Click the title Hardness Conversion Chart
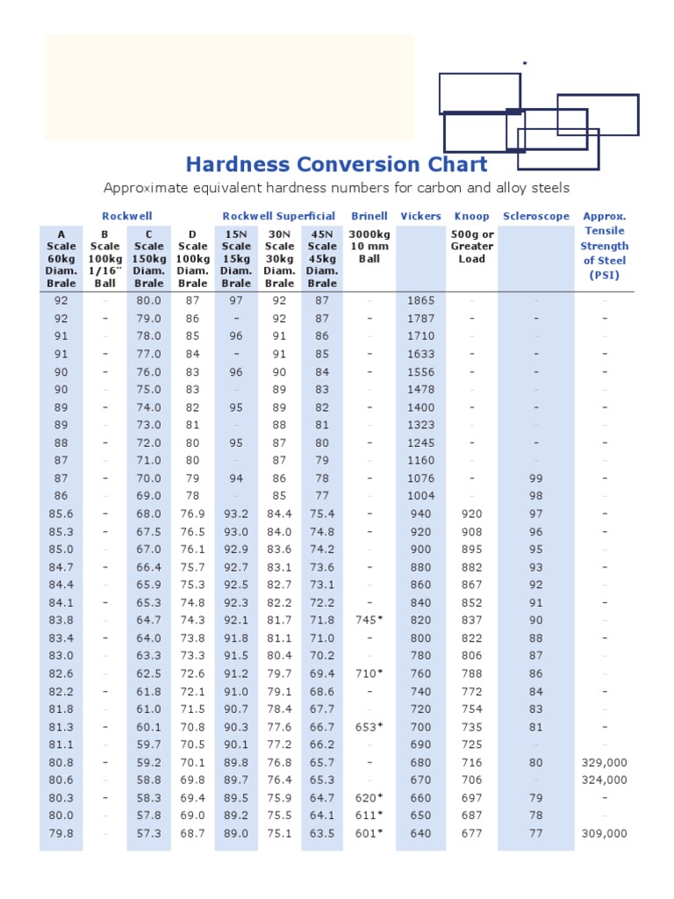336,164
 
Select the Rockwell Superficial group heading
278,216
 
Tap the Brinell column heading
369,216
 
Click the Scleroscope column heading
536,216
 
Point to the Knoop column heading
471,216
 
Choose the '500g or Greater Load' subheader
471,247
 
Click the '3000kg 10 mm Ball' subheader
369,247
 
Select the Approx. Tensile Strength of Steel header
605,246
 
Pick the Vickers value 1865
420,301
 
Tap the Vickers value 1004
420,496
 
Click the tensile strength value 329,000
604,763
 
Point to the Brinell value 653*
369,727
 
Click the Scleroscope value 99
536,478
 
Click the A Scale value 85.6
61,514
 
